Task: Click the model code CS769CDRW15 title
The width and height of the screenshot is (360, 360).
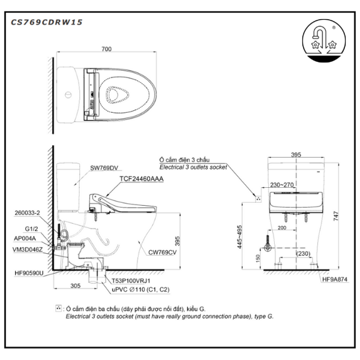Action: tap(47, 22)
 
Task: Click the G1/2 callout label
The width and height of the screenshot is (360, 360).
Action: tap(31, 228)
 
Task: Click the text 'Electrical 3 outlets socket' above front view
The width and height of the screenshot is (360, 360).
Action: tap(193, 167)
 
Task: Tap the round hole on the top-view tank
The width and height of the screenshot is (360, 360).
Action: tap(68, 94)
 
